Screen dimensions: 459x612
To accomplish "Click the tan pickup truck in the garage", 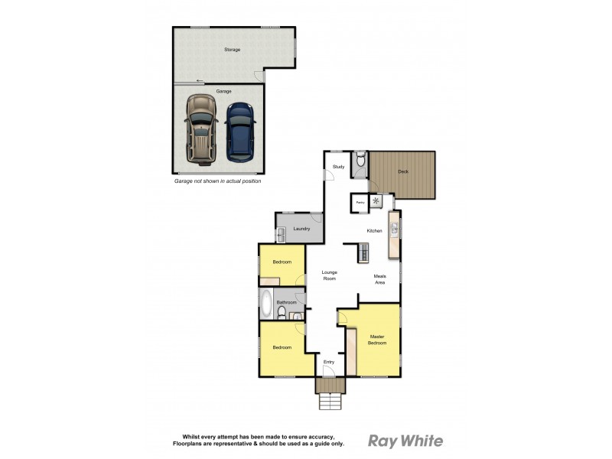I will click(x=200, y=129).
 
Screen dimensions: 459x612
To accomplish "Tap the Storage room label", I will click(x=232, y=50).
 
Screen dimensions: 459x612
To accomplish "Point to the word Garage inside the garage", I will click(x=223, y=91).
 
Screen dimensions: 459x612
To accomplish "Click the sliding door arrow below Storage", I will click(x=200, y=81).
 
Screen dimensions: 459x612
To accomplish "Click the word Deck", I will click(x=403, y=171).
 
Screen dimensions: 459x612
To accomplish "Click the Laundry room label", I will click(x=301, y=229).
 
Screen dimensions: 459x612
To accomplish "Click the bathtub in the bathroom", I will click(x=265, y=304).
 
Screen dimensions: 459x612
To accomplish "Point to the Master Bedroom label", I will click(x=377, y=340).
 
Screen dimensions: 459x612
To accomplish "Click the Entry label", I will click(x=329, y=362).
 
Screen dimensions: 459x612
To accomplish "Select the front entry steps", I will click(x=330, y=401).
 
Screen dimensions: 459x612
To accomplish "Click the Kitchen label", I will click(x=374, y=230).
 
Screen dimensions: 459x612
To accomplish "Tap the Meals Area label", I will click(x=379, y=278).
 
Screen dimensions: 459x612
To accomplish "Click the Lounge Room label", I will click(x=329, y=275).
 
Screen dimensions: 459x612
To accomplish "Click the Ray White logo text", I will click(x=405, y=440).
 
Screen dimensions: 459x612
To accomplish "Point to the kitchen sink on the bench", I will click(x=395, y=227).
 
